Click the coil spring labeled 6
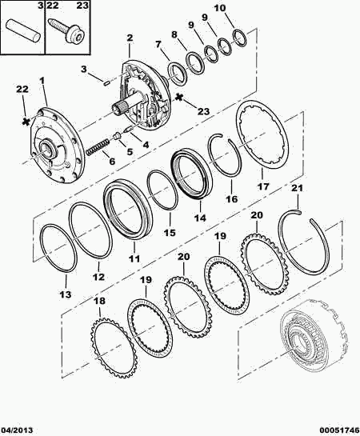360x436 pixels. pos(97,147)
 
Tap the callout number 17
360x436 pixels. pos(263,186)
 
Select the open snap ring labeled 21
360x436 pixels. pos(304,242)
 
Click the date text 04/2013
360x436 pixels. pos(17,430)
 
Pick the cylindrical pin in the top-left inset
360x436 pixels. pos(23,31)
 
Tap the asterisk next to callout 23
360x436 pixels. pos(179,98)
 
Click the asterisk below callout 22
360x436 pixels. pos(26,122)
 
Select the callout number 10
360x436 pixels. pos(220,8)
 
